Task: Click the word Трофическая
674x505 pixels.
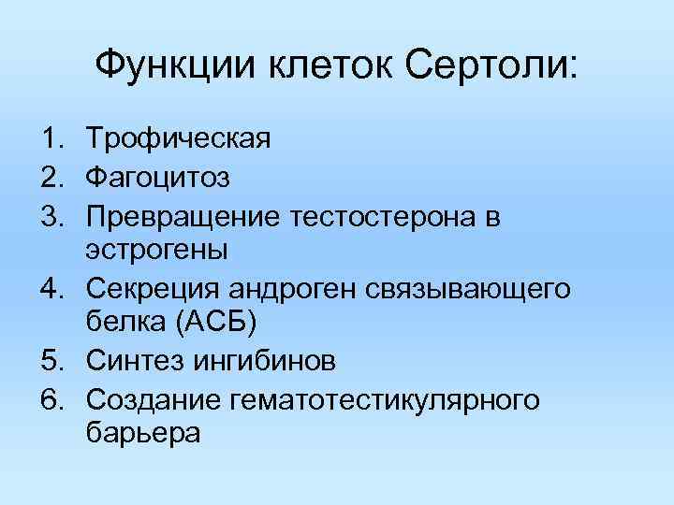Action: (178, 140)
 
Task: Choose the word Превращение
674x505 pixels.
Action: (183, 218)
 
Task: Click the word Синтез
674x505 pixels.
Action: (131, 360)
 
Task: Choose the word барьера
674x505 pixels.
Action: (142, 434)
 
